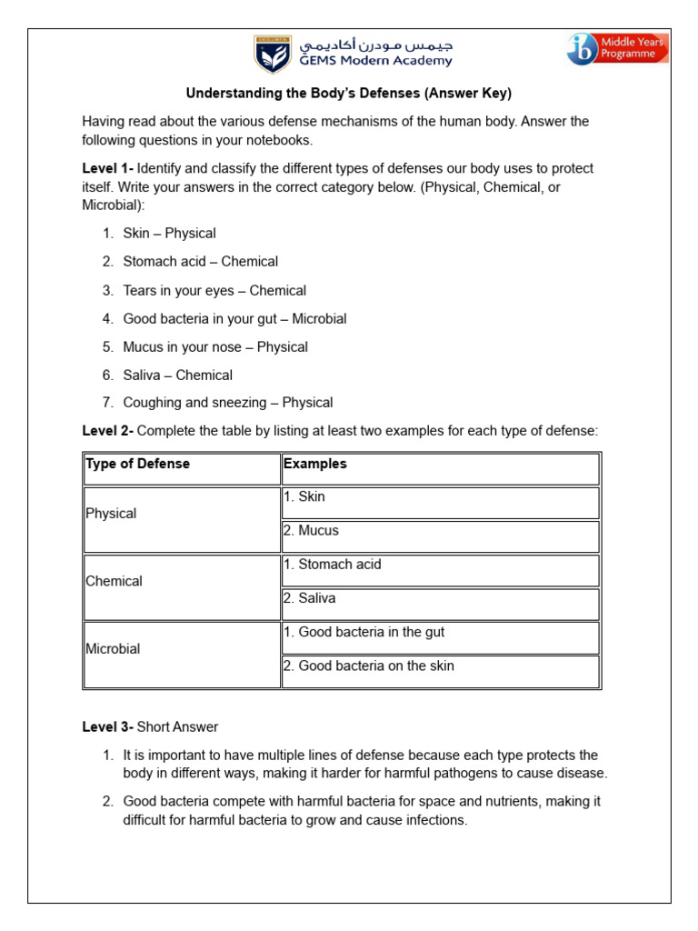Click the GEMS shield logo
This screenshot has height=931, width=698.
tap(272, 54)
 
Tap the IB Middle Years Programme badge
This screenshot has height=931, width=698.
tap(617, 48)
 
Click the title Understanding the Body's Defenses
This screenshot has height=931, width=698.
tap(349, 93)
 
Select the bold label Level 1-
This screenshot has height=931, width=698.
tap(107, 169)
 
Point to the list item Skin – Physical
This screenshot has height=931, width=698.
tap(169, 234)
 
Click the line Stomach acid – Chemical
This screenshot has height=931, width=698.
tap(200, 262)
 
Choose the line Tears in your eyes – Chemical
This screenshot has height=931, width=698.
tap(214, 291)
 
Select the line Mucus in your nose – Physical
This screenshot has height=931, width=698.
tap(215, 347)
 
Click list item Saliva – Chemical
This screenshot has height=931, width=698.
tap(177, 375)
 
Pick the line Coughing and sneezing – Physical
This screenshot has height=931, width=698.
tap(228, 403)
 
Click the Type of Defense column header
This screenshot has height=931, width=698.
tap(137, 465)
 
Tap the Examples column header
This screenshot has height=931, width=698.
tap(315, 465)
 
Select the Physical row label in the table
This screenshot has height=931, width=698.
tap(111, 514)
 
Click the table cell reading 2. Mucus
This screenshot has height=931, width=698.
tap(311, 531)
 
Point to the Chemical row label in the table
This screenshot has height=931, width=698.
tap(114, 581)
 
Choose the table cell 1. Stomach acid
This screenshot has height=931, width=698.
tap(332, 565)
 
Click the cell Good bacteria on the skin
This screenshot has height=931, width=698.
tap(368, 666)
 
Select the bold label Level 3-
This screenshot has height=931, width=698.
tap(107, 727)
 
